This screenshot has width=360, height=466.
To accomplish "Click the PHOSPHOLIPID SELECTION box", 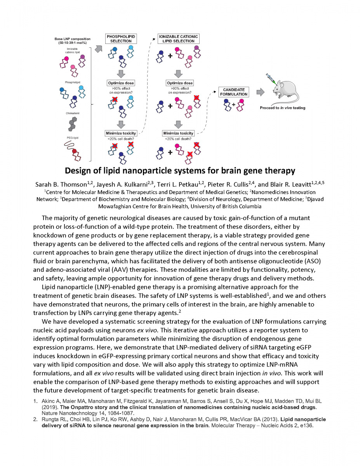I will pyautogui.click(x=121, y=39).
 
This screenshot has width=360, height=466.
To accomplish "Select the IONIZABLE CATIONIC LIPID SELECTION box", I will pyautogui.click(x=178, y=39).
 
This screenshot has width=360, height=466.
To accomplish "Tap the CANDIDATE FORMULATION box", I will pyautogui.click(x=234, y=92).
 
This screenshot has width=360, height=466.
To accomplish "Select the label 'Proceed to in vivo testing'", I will pyautogui.click(x=282, y=108).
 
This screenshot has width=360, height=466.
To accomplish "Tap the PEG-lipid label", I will pyautogui.click(x=73, y=137).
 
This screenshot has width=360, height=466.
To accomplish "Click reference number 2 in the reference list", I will pyautogui.click(x=35, y=419).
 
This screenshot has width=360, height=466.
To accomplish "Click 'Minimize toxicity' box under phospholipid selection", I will pyautogui.click(x=121, y=133).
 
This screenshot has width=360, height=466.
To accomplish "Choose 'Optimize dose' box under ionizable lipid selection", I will pyautogui.click(x=179, y=83).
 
